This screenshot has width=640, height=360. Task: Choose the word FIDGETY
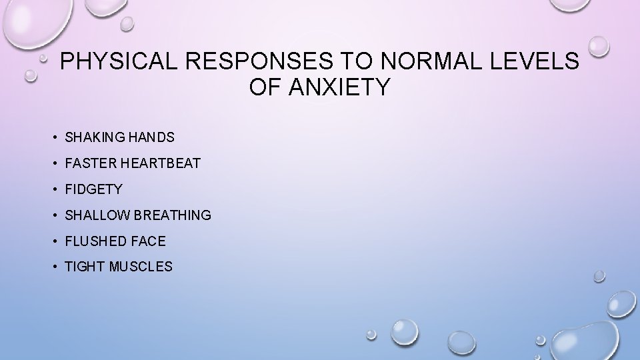(93, 189)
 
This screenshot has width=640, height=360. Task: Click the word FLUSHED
(93, 241)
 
